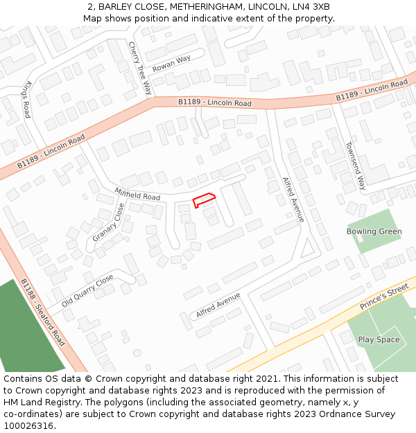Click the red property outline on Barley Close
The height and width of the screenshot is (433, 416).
pyautogui.click(x=204, y=200)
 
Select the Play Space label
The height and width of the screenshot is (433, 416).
pyautogui.click(x=379, y=339)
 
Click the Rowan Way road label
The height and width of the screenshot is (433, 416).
pyautogui.click(x=171, y=63)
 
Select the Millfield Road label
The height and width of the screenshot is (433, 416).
pyautogui.click(x=137, y=193)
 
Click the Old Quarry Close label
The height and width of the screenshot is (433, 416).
pyautogui.click(x=87, y=291)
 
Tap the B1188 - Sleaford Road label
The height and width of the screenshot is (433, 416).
pyautogui.click(x=42, y=312)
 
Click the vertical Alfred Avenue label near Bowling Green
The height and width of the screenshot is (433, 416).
pyautogui.click(x=293, y=200)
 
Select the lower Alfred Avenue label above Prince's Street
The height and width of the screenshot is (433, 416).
pyautogui.click(x=218, y=305)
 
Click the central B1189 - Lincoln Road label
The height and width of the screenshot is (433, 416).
pyautogui.click(x=214, y=103)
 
